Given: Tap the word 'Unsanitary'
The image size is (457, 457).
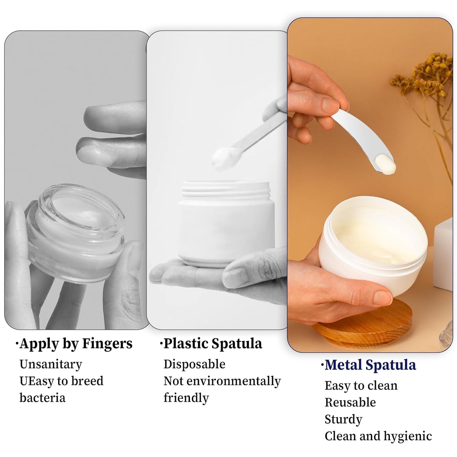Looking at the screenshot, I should pyautogui.click(x=51, y=364).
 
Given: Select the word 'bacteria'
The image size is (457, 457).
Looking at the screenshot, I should pyautogui.click(x=42, y=398).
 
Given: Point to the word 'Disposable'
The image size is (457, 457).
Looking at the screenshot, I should pyautogui.click(x=194, y=364).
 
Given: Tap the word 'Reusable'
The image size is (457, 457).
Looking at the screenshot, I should pyautogui.click(x=350, y=402).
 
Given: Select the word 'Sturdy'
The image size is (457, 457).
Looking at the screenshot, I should pyautogui.click(x=343, y=419).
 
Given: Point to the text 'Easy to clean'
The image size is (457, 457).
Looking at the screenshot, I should pyautogui.click(x=361, y=386).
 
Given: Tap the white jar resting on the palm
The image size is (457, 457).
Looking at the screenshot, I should pyautogui.click(x=226, y=225).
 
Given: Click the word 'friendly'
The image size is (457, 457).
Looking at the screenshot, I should pyautogui.click(x=186, y=398).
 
